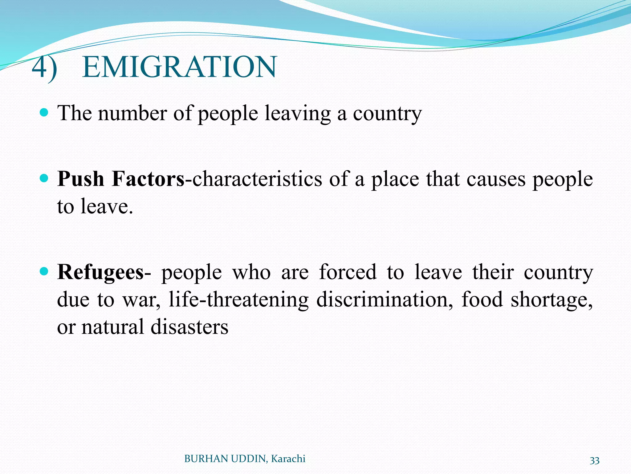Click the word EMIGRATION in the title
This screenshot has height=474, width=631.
click(x=179, y=67)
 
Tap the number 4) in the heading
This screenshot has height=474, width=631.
click(x=44, y=67)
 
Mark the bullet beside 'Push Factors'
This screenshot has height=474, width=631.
click(x=44, y=178)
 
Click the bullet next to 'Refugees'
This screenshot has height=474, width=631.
click(x=44, y=272)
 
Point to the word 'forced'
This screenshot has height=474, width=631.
click(x=348, y=272)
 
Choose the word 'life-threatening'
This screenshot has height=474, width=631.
click(x=238, y=300)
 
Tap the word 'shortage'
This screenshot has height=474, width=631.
click(x=552, y=300)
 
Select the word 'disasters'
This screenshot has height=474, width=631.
click(x=189, y=327)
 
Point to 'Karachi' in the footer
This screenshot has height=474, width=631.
click(x=288, y=459)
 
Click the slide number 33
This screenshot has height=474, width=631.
click(x=594, y=460)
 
